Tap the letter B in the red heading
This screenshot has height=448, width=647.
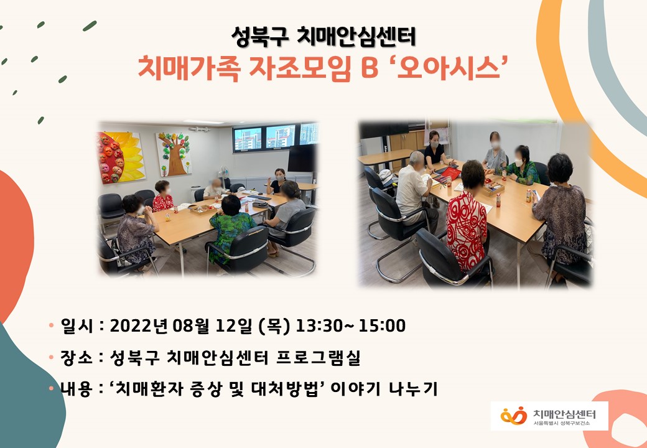tap(370, 68)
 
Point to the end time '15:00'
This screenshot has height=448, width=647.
tap(383, 325)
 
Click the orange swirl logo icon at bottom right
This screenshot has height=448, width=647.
tap(514, 416)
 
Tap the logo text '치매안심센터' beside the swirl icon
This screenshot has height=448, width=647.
tap(564, 414)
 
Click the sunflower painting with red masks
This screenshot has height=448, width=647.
tap(121, 157)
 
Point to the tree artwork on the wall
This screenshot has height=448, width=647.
tap(174, 154)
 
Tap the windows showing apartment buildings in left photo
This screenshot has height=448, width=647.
tap(276, 138)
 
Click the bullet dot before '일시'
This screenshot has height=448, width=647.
tap(51, 325)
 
